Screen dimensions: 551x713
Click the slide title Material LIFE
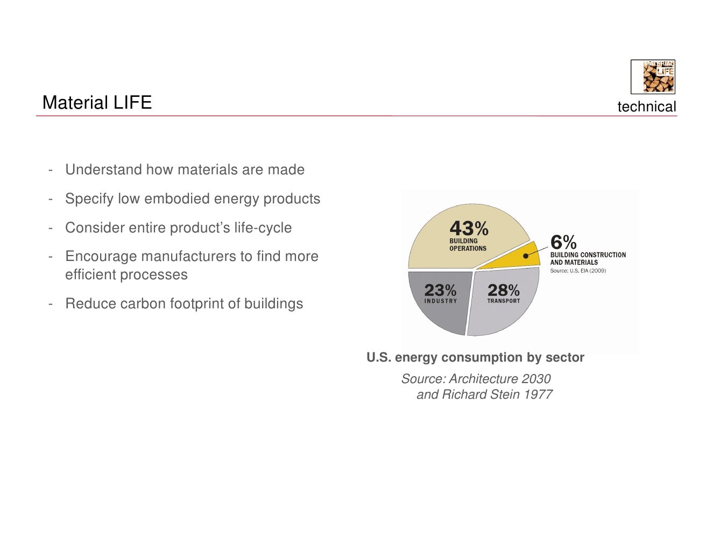pos(97,102)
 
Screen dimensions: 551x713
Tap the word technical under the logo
pos(646,107)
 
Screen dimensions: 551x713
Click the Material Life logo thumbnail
pos(653,77)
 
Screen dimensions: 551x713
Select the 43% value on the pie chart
pos(469,228)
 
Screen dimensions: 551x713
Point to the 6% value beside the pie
pos(563,242)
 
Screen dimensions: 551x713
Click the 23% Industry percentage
pos(440,291)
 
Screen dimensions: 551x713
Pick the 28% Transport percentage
pos(503,291)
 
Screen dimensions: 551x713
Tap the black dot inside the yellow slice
pos(526,257)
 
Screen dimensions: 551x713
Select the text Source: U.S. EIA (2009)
pos(577,271)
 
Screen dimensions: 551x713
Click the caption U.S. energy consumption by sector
pos(475,357)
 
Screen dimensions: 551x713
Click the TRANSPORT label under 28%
pos(503,301)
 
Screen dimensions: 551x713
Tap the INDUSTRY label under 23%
pos(440,301)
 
